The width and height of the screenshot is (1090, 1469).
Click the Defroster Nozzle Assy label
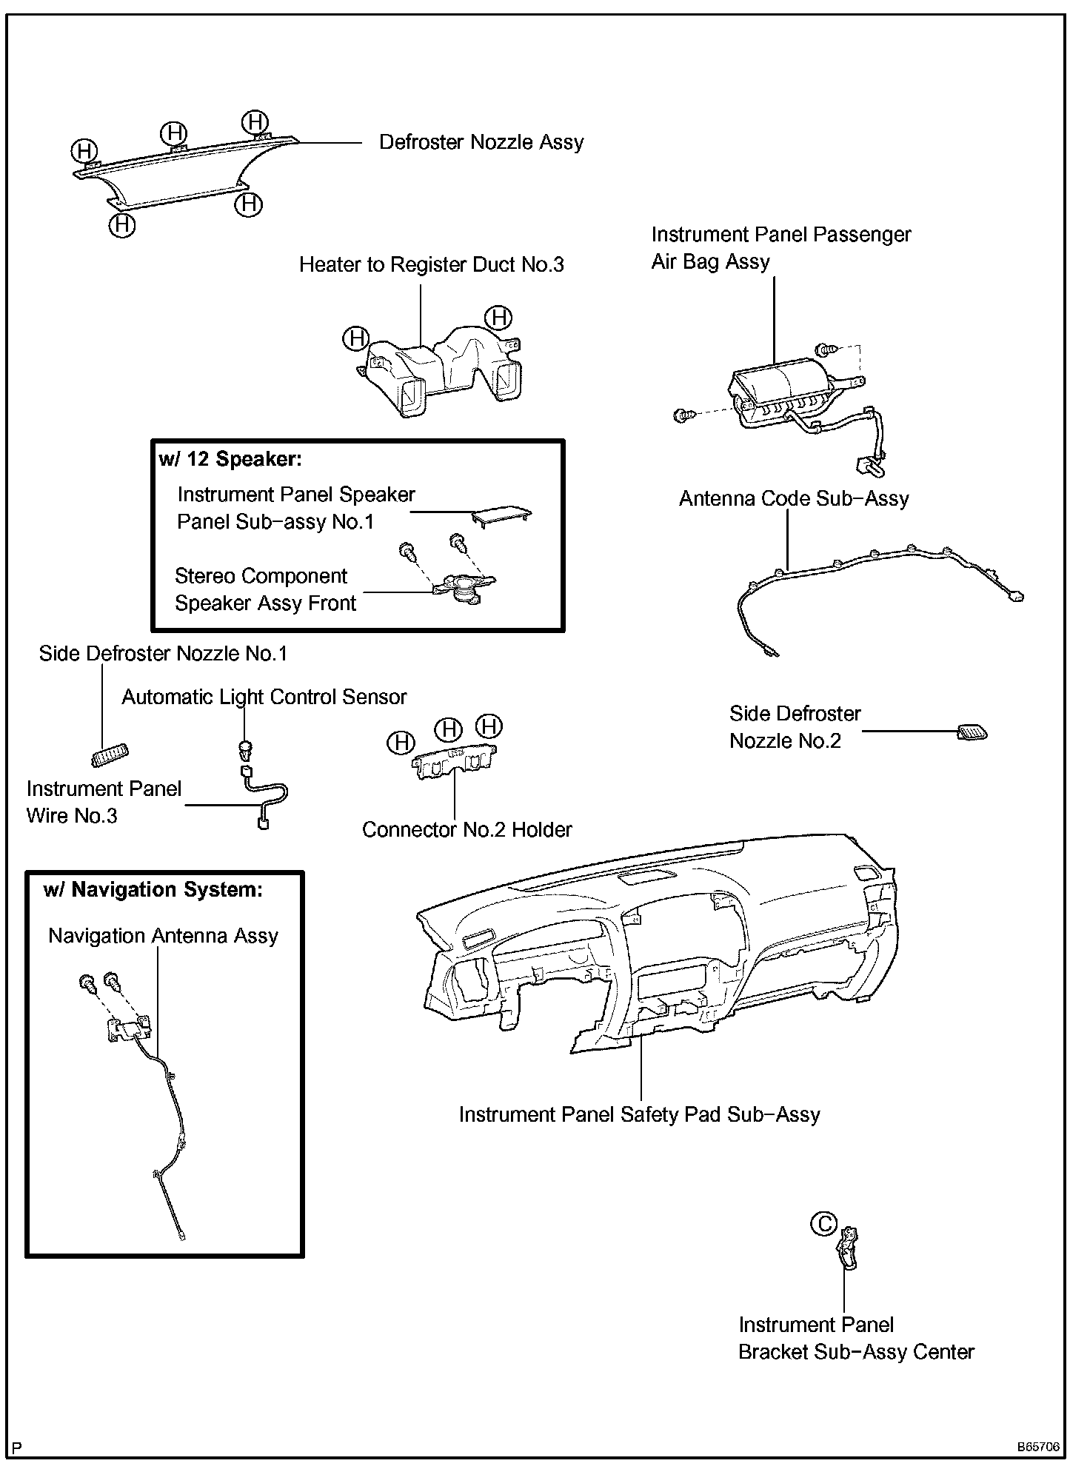[481, 142]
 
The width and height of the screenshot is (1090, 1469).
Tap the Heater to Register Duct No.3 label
[431, 265]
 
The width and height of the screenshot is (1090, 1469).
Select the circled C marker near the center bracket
[823, 1224]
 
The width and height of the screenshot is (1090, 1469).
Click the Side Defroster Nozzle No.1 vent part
[110, 754]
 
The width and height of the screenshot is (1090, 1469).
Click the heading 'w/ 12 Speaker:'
[230, 459]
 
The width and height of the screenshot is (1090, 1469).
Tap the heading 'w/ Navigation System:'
[153, 889]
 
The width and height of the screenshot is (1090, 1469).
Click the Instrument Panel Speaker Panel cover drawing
[501, 517]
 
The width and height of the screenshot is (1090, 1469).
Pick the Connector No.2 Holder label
[467, 830]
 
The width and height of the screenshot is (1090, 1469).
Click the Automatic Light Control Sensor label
[264, 697]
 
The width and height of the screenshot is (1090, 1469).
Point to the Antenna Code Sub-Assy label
[794, 499]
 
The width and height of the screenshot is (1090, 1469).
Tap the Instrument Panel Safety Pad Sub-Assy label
[639, 1115]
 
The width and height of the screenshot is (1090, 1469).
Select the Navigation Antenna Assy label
[163, 936]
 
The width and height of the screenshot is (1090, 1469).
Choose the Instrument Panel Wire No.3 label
[104, 803]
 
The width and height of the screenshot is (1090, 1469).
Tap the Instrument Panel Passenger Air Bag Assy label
[780, 248]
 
